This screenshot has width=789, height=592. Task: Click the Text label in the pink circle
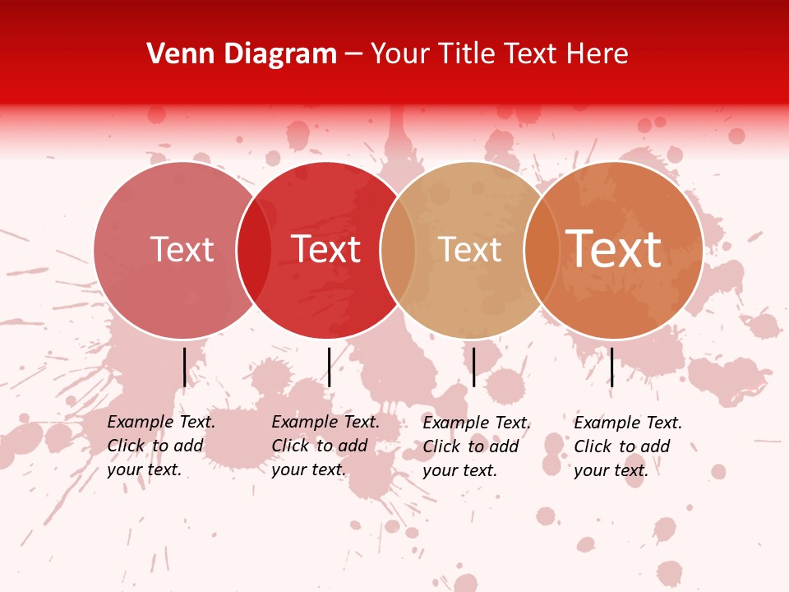pyautogui.click(x=182, y=249)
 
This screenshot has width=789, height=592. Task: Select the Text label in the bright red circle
pyautogui.click(x=326, y=249)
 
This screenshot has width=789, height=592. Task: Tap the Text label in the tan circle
pyautogui.click(x=469, y=249)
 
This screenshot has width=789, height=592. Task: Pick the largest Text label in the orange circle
pyautogui.click(x=614, y=248)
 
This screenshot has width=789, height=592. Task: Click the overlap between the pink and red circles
pyautogui.click(x=254, y=250)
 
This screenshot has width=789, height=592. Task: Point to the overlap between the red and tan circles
pyautogui.click(x=398, y=250)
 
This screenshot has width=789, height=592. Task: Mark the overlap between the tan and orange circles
pyautogui.click(x=542, y=250)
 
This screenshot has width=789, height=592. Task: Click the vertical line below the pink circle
pyautogui.click(x=184, y=367)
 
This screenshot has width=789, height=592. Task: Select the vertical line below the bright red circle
pyautogui.click(x=329, y=367)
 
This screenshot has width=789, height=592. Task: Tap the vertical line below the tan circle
pyautogui.click(x=473, y=367)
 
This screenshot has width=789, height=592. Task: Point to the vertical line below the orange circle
pyautogui.click(x=611, y=367)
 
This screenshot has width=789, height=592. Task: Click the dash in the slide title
pyautogui.click(x=353, y=55)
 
